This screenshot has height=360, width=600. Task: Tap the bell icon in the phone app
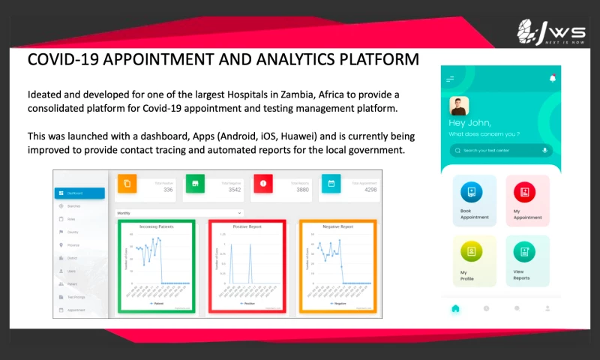click(x=552, y=78)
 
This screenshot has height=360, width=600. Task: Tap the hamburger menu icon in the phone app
click(x=450, y=79)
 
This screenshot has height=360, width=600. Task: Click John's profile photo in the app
click(x=458, y=106)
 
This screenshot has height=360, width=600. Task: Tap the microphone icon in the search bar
click(x=544, y=151)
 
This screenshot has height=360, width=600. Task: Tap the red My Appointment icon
click(x=525, y=193)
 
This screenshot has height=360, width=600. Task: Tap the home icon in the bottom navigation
click(x=455, y=308)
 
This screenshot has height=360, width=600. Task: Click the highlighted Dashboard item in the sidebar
click(x=79, y=193)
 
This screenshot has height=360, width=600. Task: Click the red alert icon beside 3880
click(x=263, y=183)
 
